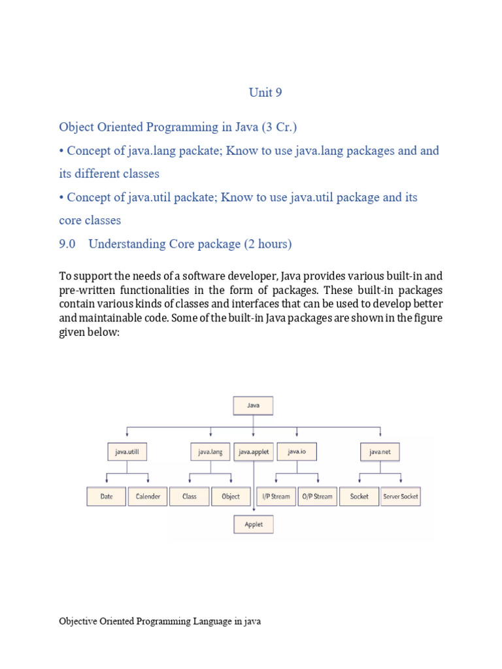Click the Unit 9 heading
pos(265,93)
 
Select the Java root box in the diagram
pos(254,405)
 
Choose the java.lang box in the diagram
pos(210,451)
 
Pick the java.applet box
pos(254,451)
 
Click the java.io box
pos(297,451)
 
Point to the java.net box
pos(380,451)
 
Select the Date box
pos(107,497)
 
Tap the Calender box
pos(148,497)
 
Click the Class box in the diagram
pos(190,497)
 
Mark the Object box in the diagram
pos(231,497)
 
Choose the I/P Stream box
pos(275,497)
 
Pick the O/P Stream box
pos(317,497)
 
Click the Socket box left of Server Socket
pos(359,497)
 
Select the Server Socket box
pos(401,497)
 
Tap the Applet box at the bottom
pos(254,525)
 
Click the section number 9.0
pos(68,244)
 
